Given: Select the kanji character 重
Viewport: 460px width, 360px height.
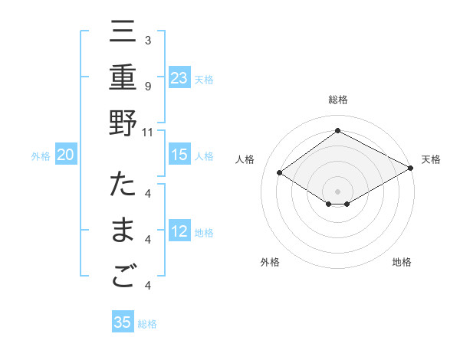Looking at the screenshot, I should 123,80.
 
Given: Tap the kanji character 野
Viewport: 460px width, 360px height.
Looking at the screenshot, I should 123,124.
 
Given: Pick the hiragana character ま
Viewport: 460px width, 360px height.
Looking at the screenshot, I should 123,233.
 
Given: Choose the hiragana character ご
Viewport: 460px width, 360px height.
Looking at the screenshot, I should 123,278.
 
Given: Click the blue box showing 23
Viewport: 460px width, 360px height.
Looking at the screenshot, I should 179,78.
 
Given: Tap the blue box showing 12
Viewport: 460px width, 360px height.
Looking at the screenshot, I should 179,233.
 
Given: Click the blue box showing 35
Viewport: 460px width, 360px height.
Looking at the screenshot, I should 123,322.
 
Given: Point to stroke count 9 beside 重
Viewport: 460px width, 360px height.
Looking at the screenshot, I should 148,86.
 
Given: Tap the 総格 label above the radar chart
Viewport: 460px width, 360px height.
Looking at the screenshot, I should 338,100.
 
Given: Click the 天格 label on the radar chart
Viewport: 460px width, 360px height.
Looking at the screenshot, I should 431,159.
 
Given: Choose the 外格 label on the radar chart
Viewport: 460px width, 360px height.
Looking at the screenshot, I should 270,262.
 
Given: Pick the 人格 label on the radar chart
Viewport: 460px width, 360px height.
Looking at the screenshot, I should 245,159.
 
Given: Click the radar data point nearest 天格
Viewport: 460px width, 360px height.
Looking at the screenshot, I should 412,169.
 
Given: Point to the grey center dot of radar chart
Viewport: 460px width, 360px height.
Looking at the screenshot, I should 338,190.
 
